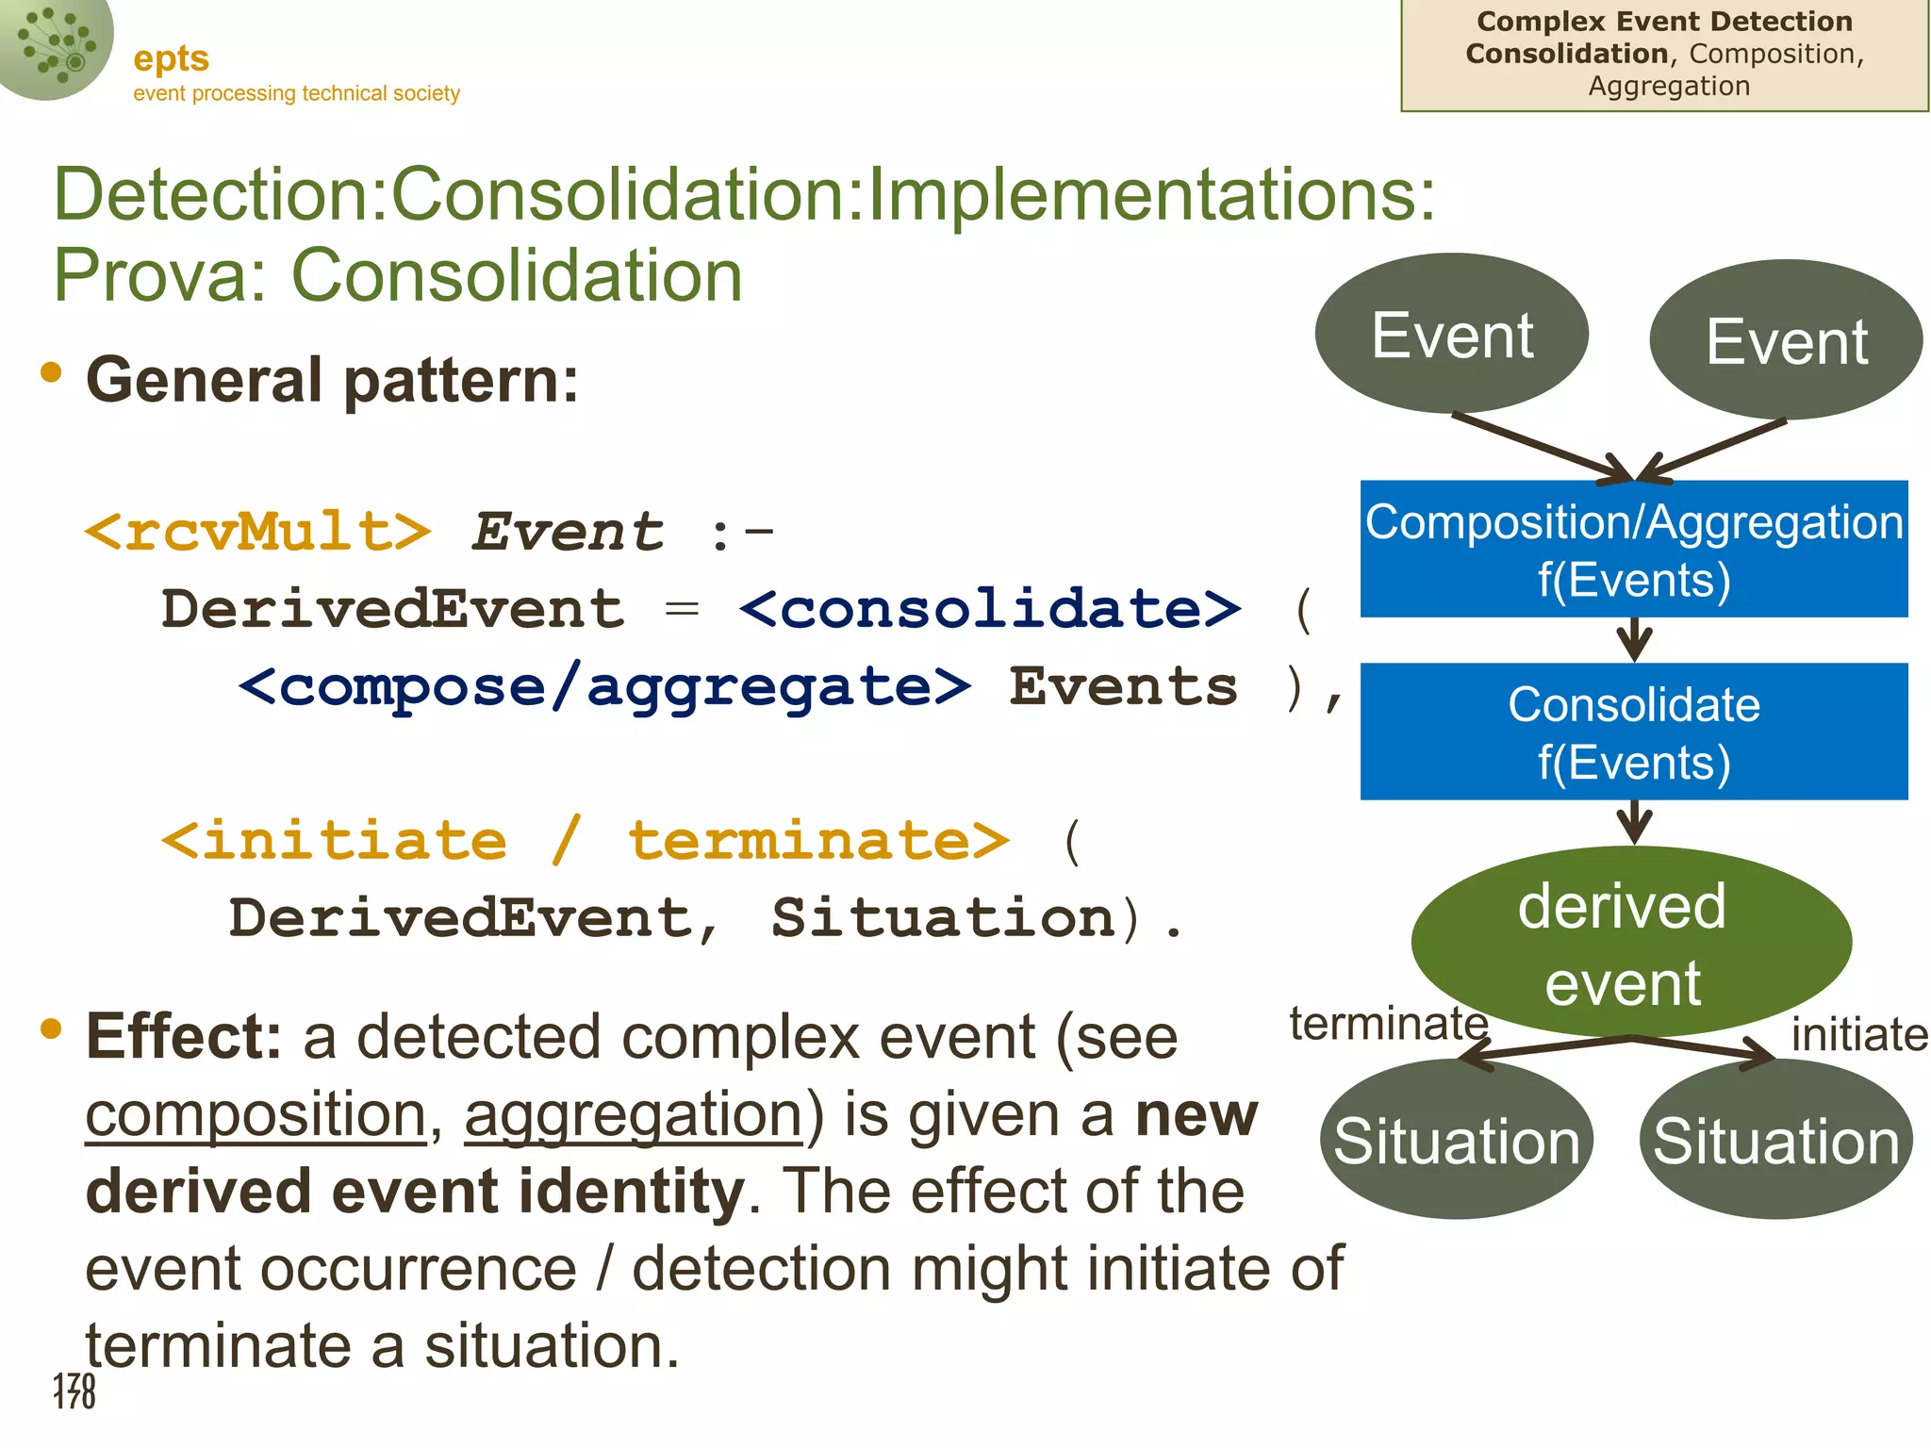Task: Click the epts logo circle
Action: [x=52, y=42]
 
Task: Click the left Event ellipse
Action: [x=1451, y=334]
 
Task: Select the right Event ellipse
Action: [x=1786, y=340]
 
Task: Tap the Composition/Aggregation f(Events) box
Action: [x=1634, y=549]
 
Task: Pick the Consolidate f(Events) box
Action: [x=1634, y=732]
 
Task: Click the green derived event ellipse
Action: [x=1630, y=942]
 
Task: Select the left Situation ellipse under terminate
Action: [x=1456, y=1140]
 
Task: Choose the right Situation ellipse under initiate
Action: [x=1775, y=1140]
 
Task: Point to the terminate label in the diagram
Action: [x=1388, y=1024]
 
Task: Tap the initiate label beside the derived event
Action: [x=1858, y=1035]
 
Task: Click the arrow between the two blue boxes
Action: [x=1634, y=640]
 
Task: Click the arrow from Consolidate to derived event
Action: [x=1634, y=822]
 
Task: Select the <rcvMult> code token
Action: [x=257, y=533]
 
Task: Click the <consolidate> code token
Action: [x=990, y=610]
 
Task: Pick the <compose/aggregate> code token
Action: [x=603, y=688]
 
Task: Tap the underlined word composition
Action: [x=256, y=1115]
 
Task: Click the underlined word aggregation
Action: [x=634, y=1115]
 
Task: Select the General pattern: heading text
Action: [x=332, y=380]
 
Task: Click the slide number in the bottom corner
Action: [x=74, y=1390]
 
